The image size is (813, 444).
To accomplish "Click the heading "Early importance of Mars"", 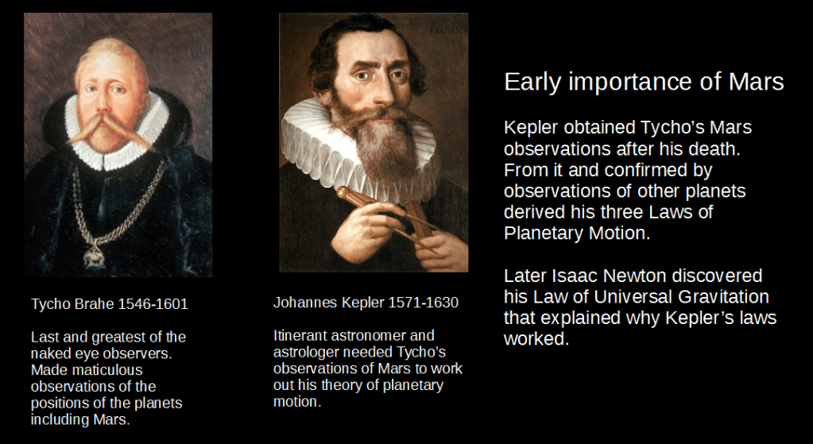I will click(644, 83).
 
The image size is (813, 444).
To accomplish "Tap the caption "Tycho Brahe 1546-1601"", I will click(109, 304).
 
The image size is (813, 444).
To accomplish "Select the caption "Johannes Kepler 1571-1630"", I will click(366, 303).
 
